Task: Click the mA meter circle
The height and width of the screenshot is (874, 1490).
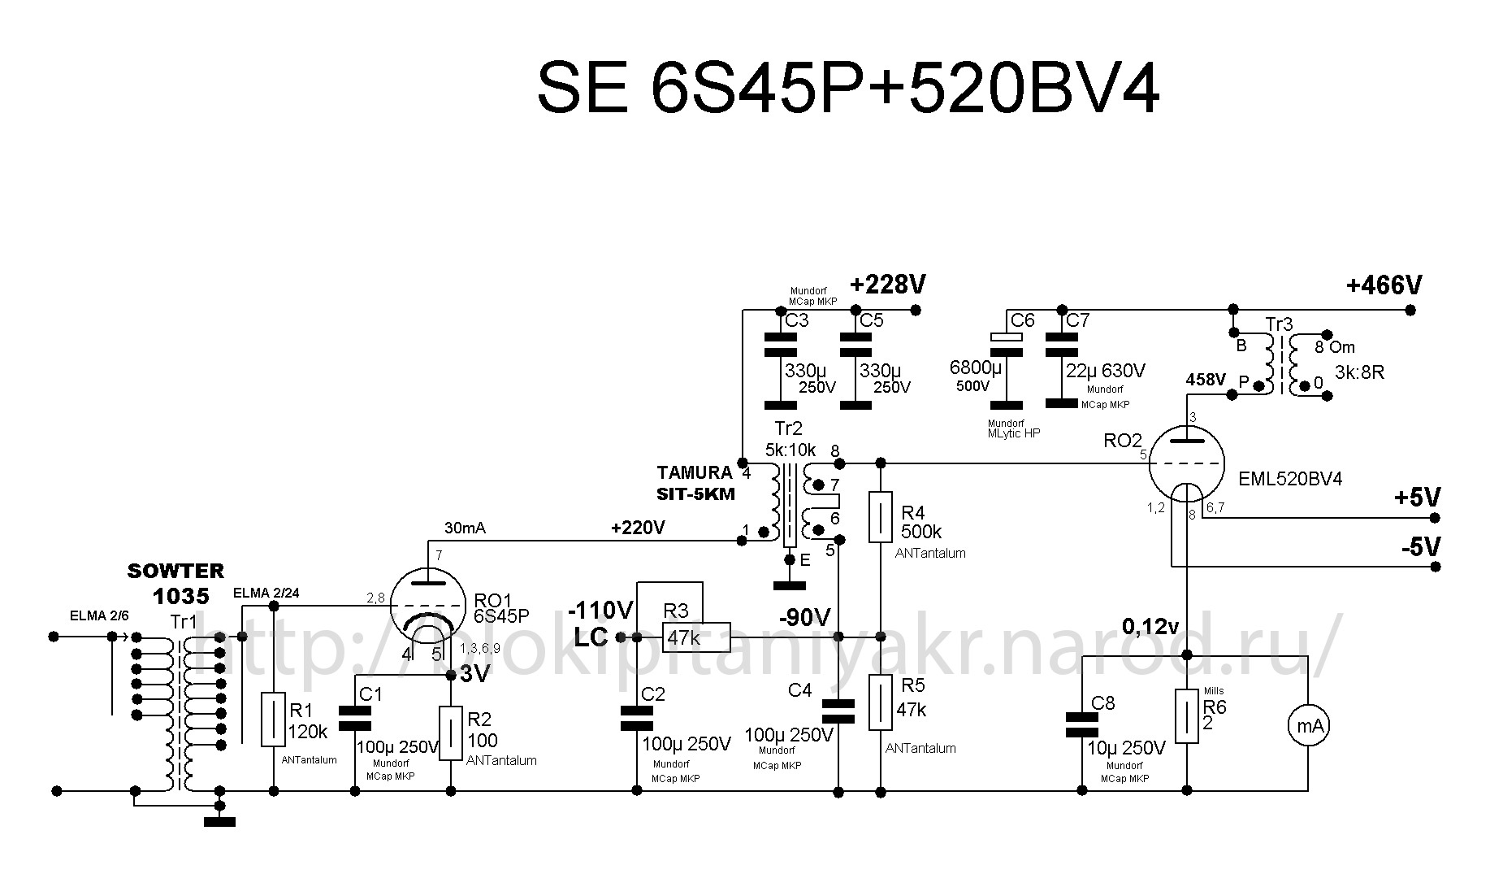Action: pyautogui.click(x=1308, y=726)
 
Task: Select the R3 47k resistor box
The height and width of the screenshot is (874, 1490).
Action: pyautogui.click(x=695, y=637)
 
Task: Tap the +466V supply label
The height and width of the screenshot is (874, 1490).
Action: pyautogui.click(x=1384, y=285)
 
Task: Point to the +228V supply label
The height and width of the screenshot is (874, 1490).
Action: pyautogui.click(x=888, y=285)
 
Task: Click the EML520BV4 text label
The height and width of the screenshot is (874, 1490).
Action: pyautogui.click(x=1290, y=480)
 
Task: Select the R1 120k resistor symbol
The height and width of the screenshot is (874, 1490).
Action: pyautogui.click(x=274, y=720)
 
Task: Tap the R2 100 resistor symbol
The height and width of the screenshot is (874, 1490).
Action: pyautogui.click(x=451, y=733)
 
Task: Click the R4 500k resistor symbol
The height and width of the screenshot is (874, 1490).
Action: pyautogui.click(x=881, y=516)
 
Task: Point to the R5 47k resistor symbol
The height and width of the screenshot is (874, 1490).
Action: pyautogui.click(x=881, y=702)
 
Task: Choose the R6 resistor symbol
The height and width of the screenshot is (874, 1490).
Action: pyautogui.click(x=1187, y=716)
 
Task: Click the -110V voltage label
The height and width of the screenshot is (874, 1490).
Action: pyautogui.click(x=600, y=610)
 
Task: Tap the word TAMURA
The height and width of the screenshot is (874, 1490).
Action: pyautogui.click(x=695, y=472)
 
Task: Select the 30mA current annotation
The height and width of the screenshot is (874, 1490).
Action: pyautogui.click(x=465, y=528)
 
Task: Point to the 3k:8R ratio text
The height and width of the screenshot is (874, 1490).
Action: pyautogui.click(x=1359, y=373)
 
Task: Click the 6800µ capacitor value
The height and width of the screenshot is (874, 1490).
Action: pyautogui.click(x=976, y=367)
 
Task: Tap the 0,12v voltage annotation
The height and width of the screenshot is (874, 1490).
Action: pyautogui.click(x=1150, y=626)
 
